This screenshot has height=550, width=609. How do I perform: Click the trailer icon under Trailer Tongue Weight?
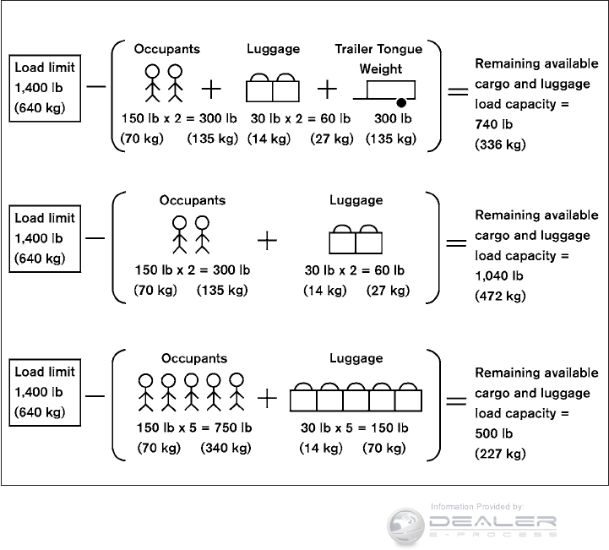[x=387, y=90]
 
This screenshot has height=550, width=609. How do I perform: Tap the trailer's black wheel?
[x=393, y=101]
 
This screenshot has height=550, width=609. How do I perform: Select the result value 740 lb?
[x=493, y=124]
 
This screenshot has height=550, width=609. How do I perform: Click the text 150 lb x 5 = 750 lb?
[x=193, y=427]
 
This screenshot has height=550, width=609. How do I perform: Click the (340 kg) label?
[x=226, y=448]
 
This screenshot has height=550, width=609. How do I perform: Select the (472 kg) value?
[x=500, y=296]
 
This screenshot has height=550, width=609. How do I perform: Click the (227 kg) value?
[x=500, y=454]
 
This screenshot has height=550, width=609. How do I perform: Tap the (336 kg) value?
[x=500, y=144]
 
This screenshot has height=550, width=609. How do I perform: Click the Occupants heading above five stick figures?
[x=193, y=359]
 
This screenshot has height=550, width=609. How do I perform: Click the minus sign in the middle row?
[x=95, y=237]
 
